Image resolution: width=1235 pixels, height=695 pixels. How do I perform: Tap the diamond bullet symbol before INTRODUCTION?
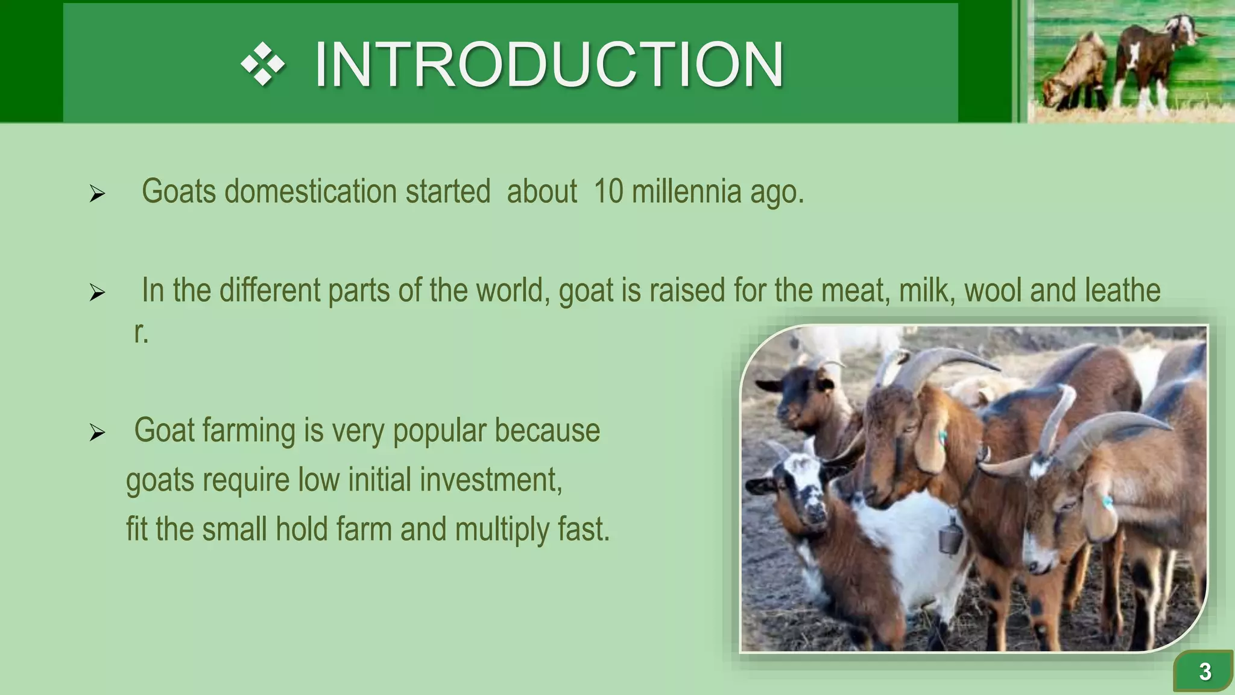click(263, 64)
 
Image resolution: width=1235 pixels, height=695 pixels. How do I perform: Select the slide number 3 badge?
click(1204, 671)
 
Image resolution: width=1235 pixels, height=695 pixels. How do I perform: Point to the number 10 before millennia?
click(608, 192)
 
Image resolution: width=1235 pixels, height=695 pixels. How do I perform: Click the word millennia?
click(686, 192)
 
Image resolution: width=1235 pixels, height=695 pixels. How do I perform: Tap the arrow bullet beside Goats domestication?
click(97, 194)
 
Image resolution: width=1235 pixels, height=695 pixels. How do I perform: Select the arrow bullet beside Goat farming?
click(97, 433)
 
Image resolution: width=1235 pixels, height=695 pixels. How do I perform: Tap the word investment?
click(491, 480)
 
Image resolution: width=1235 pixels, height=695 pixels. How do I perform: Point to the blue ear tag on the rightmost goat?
click(1107, 500)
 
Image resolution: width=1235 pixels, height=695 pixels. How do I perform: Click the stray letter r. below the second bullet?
click(141, 332)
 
